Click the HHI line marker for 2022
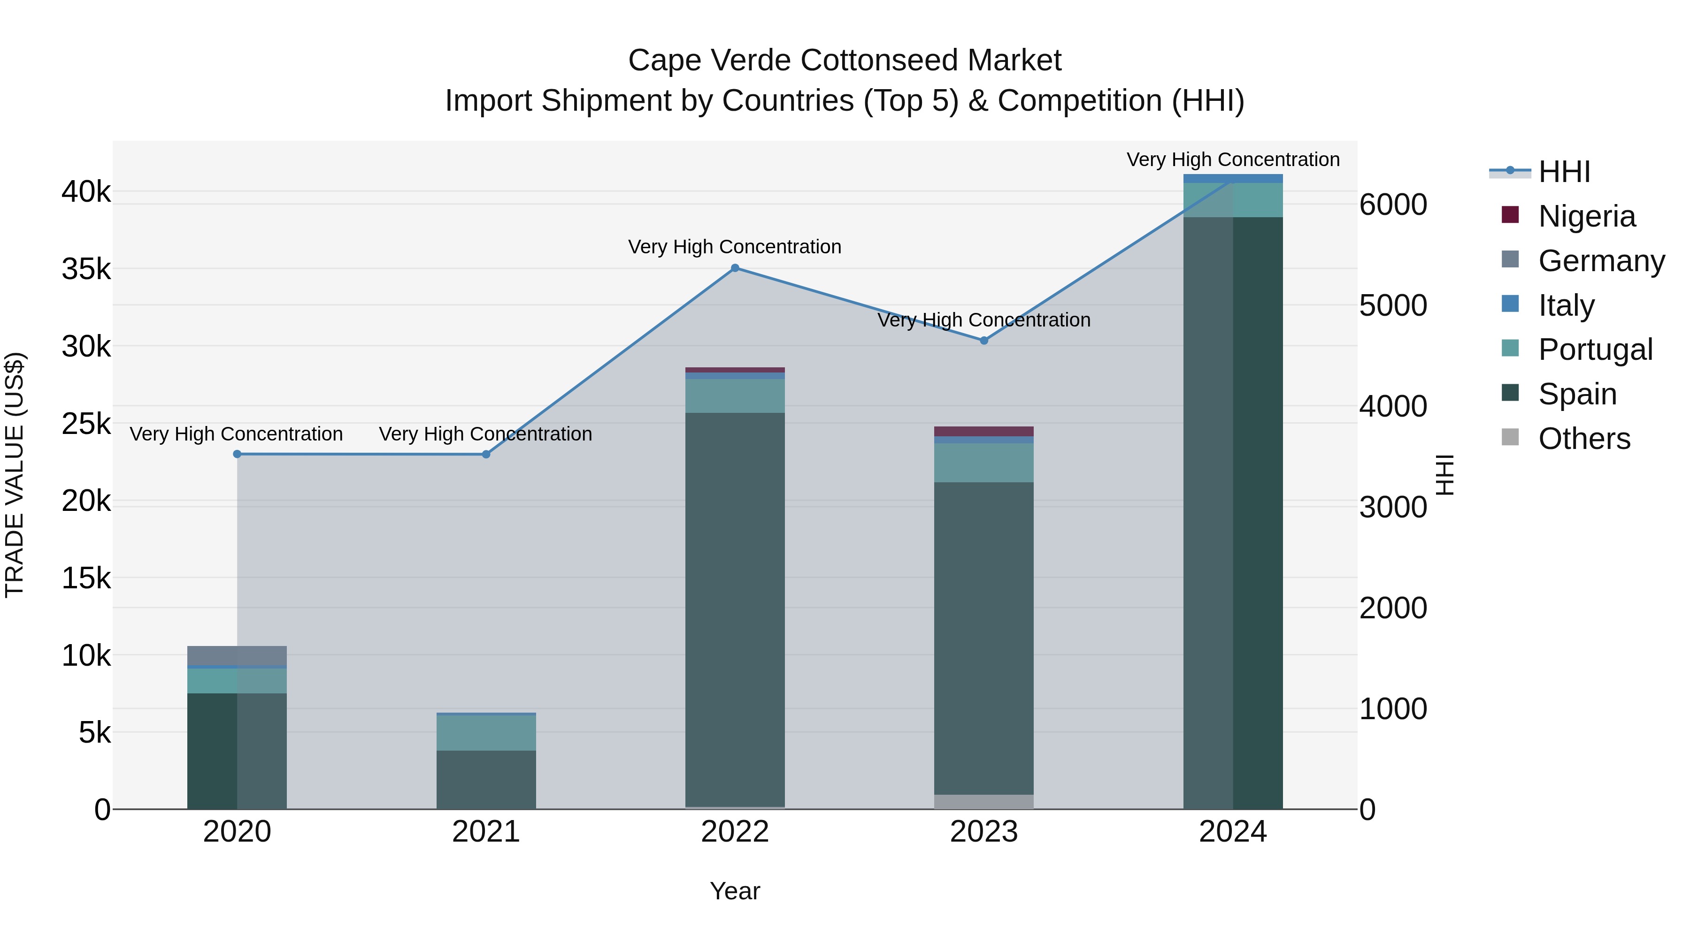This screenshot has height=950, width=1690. (x=735, y=268)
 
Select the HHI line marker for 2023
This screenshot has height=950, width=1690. (x=983, y=341)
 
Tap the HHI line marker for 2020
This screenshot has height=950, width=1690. (x=238, y=454)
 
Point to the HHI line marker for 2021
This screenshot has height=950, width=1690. (x=486, y=454)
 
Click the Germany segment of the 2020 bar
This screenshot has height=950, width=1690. (x=237, y=656)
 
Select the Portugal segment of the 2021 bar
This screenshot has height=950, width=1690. (x=486, y=732)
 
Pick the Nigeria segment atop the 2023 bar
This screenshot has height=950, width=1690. (x=983, y=432)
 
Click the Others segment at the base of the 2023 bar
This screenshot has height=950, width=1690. (x=983, y=802)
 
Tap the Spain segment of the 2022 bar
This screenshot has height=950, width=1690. (x=735, y=610)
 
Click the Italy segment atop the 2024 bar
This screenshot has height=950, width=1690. (x=1233, y=178)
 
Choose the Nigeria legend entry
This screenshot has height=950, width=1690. (x=1586, y=216)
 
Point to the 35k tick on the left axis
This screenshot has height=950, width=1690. (x=86, y=269)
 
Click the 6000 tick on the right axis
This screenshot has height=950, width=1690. (x=1393, y=205)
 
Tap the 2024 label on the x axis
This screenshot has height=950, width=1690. (x=1233, y=832)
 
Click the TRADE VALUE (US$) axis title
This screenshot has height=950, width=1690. (x=15, y=475)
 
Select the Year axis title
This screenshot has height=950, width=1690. (x=735, y=891)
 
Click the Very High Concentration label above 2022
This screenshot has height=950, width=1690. (x=735, y=247)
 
